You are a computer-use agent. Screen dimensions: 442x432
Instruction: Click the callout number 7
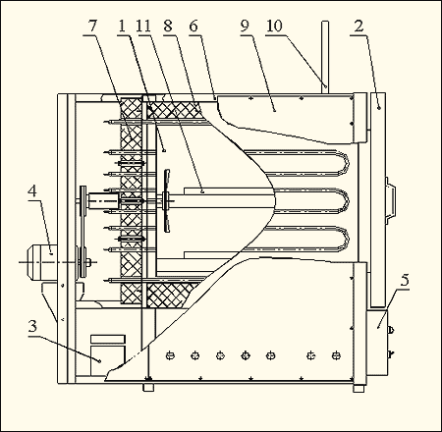93,27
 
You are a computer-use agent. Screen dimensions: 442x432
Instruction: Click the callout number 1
122,27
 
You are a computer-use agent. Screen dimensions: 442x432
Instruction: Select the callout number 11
143,27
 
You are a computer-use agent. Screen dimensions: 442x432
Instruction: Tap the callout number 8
168,27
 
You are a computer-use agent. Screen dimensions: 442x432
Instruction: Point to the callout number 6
193,27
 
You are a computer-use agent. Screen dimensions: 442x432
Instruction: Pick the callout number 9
245,27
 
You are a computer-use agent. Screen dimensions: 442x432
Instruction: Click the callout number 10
274,27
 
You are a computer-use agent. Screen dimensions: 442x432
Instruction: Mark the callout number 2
359,27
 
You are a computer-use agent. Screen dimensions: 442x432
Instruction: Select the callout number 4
32,191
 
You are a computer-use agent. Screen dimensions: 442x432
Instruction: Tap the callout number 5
405,280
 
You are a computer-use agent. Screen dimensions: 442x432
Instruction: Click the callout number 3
32,326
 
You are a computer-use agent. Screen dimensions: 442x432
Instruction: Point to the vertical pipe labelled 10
325,58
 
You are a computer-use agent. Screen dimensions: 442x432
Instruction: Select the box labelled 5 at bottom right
377,342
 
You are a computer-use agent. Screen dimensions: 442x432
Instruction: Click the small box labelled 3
108,354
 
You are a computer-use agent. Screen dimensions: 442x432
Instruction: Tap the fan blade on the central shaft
167,200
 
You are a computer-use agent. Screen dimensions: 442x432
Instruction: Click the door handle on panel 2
390,200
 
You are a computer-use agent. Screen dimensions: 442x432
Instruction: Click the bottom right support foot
359,388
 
